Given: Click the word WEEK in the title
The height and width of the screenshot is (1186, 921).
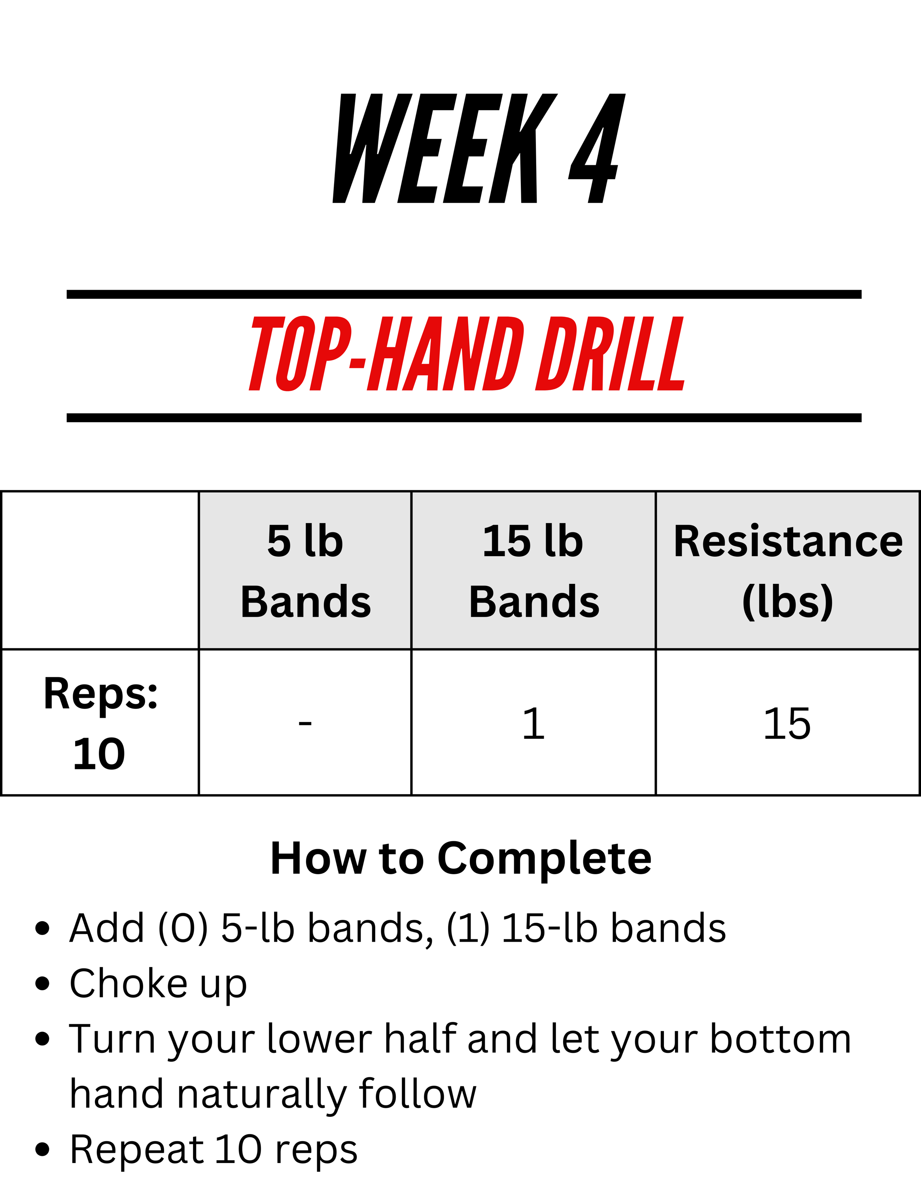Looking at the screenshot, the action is pyautogui.click(x=445, y=148).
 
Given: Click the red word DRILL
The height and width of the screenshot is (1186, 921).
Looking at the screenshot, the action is pyautogui.click(x=611, y=353).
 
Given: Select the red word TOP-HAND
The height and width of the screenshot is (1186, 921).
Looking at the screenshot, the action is pyautogui.click(x=386, y=353).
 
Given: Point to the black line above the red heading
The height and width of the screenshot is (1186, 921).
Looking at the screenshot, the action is pyautogui.click(x=464, y=295).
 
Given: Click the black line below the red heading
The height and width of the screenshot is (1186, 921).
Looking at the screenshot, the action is pyautogui.click(x=464, y=417).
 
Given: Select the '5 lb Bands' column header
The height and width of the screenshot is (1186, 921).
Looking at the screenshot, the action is pyautogui.click(x=306, y=571).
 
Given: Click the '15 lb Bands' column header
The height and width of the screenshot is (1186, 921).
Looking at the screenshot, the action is pyautogui.click(x=534, y=571).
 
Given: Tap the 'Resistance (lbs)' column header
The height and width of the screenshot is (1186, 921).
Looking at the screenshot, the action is pyautogui.click(x=788, y=571).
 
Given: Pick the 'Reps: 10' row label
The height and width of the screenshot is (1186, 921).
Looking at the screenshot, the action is pyautogui.click(x=100, y=723).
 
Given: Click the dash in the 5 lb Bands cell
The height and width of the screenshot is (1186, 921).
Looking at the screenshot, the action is pyautogui.click(x=305, y=723).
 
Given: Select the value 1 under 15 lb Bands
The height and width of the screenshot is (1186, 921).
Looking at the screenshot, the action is pyautogui.click(x=533, y=723).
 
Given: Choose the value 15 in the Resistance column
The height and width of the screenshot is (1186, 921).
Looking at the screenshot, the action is pyautogui.click(x=787, y=723).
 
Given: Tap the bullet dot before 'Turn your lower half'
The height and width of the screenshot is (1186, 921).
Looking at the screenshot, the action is pyautogui.click(x=42, y=1039).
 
